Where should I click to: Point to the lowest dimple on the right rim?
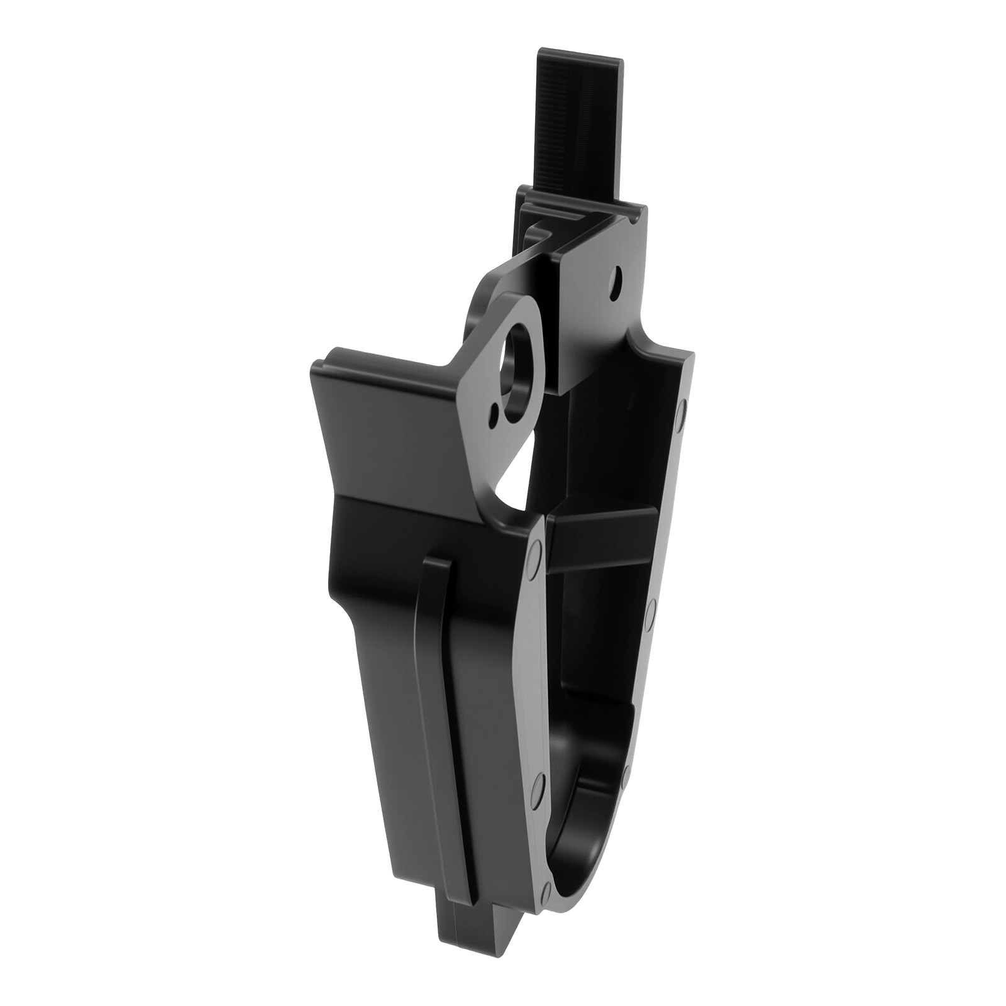click(624, 772)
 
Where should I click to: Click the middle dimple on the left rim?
click(536, 786)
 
